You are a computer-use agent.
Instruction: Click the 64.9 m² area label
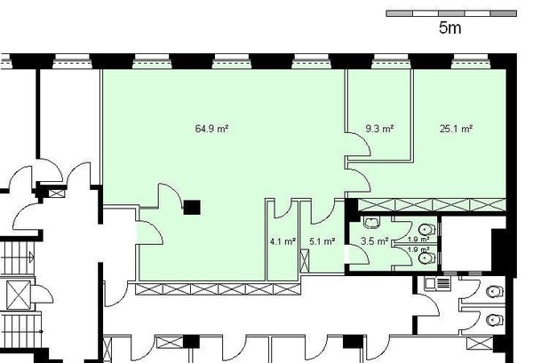click(x=212, y=129)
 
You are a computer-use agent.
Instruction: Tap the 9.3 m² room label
click(x=379, y=129)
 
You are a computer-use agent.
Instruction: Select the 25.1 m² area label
click(x=456, y=129)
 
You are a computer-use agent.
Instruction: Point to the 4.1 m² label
click(x=282, y=241)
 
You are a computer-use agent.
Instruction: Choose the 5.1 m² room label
click(x=322, y=241)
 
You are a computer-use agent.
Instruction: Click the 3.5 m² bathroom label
click(x=374, y=241)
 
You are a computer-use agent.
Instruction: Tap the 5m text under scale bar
click(x=449, y=28)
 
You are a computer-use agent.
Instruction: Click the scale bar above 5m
click(x=450, y=13)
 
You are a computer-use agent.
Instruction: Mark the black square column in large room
click(x=192, y=207)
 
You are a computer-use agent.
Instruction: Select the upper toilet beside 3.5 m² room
click(x=426, y=229)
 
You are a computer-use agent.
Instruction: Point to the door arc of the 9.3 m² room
click(x=356, y=178)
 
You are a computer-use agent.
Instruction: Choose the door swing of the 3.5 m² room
click(x=358, y=252)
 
